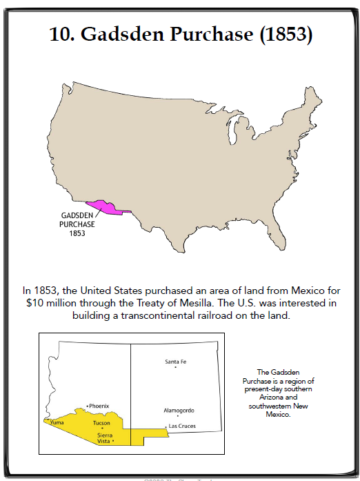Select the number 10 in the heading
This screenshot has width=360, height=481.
point(62,35)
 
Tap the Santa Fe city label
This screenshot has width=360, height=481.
point(176,362)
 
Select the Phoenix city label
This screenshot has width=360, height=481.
point(99,406)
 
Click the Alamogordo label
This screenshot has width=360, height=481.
point(179,411)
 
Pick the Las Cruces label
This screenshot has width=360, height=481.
point(183,426)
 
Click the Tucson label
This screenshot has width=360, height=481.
point(101,422)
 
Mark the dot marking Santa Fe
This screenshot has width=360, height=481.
point(176,367)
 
